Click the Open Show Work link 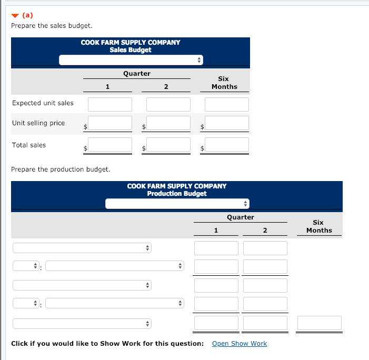[x=239, y=344]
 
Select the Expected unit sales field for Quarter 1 [x=110, y=104]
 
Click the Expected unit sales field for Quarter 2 [x=168, y=104]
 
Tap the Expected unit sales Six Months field [x=227, y=104]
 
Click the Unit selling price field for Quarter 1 [x=110, y=124]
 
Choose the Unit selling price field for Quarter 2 [x=168, y=124]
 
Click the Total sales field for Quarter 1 [x=110, y=145]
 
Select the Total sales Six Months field [x=227, y=145]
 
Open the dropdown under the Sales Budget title [x=131, y=60]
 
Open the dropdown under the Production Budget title [x=177, y=203]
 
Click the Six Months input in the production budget [x=320, y=323]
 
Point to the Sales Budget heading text [x=131, y=50]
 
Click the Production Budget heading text [x=177, y=193]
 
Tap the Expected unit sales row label [x=43, y=103]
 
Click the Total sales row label [x=29, y=145]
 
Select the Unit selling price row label [x=38, y=123]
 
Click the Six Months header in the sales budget [x=224, y=83]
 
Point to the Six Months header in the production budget [x=319, y=226]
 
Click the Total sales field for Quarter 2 [x=168, y=145]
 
